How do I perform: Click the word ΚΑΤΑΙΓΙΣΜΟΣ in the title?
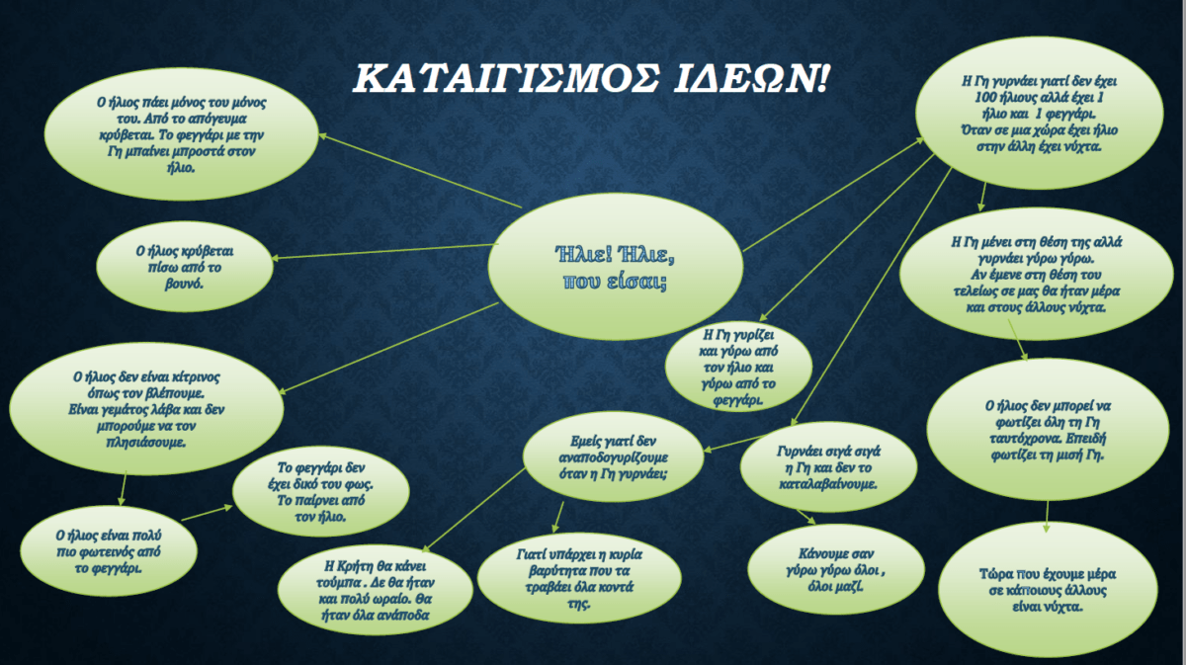click(x=506, y=78)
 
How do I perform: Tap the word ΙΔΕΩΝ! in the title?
click(x=751, y=78)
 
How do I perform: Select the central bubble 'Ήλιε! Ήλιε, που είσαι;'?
click(x=615, y=267)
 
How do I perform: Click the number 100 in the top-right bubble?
click(x=985, y=98)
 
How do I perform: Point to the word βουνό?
click(x=184, y=284)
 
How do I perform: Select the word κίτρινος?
click(x=196, y=377)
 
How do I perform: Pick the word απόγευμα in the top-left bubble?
click(x=218, y=119)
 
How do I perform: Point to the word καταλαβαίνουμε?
click(x=828, y=484)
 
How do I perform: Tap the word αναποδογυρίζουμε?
click(x=613, y=457)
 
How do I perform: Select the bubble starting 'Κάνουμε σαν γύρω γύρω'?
click(x=835, y=570)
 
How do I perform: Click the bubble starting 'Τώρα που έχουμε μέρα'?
click(x=1048, y=590)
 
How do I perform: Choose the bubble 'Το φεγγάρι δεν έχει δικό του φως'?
click(x=321, y=491)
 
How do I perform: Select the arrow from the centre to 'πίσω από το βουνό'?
click(x=384, y=252)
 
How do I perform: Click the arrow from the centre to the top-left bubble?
click(x=420, y=171)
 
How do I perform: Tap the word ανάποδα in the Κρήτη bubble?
click(x=402, y=616)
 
